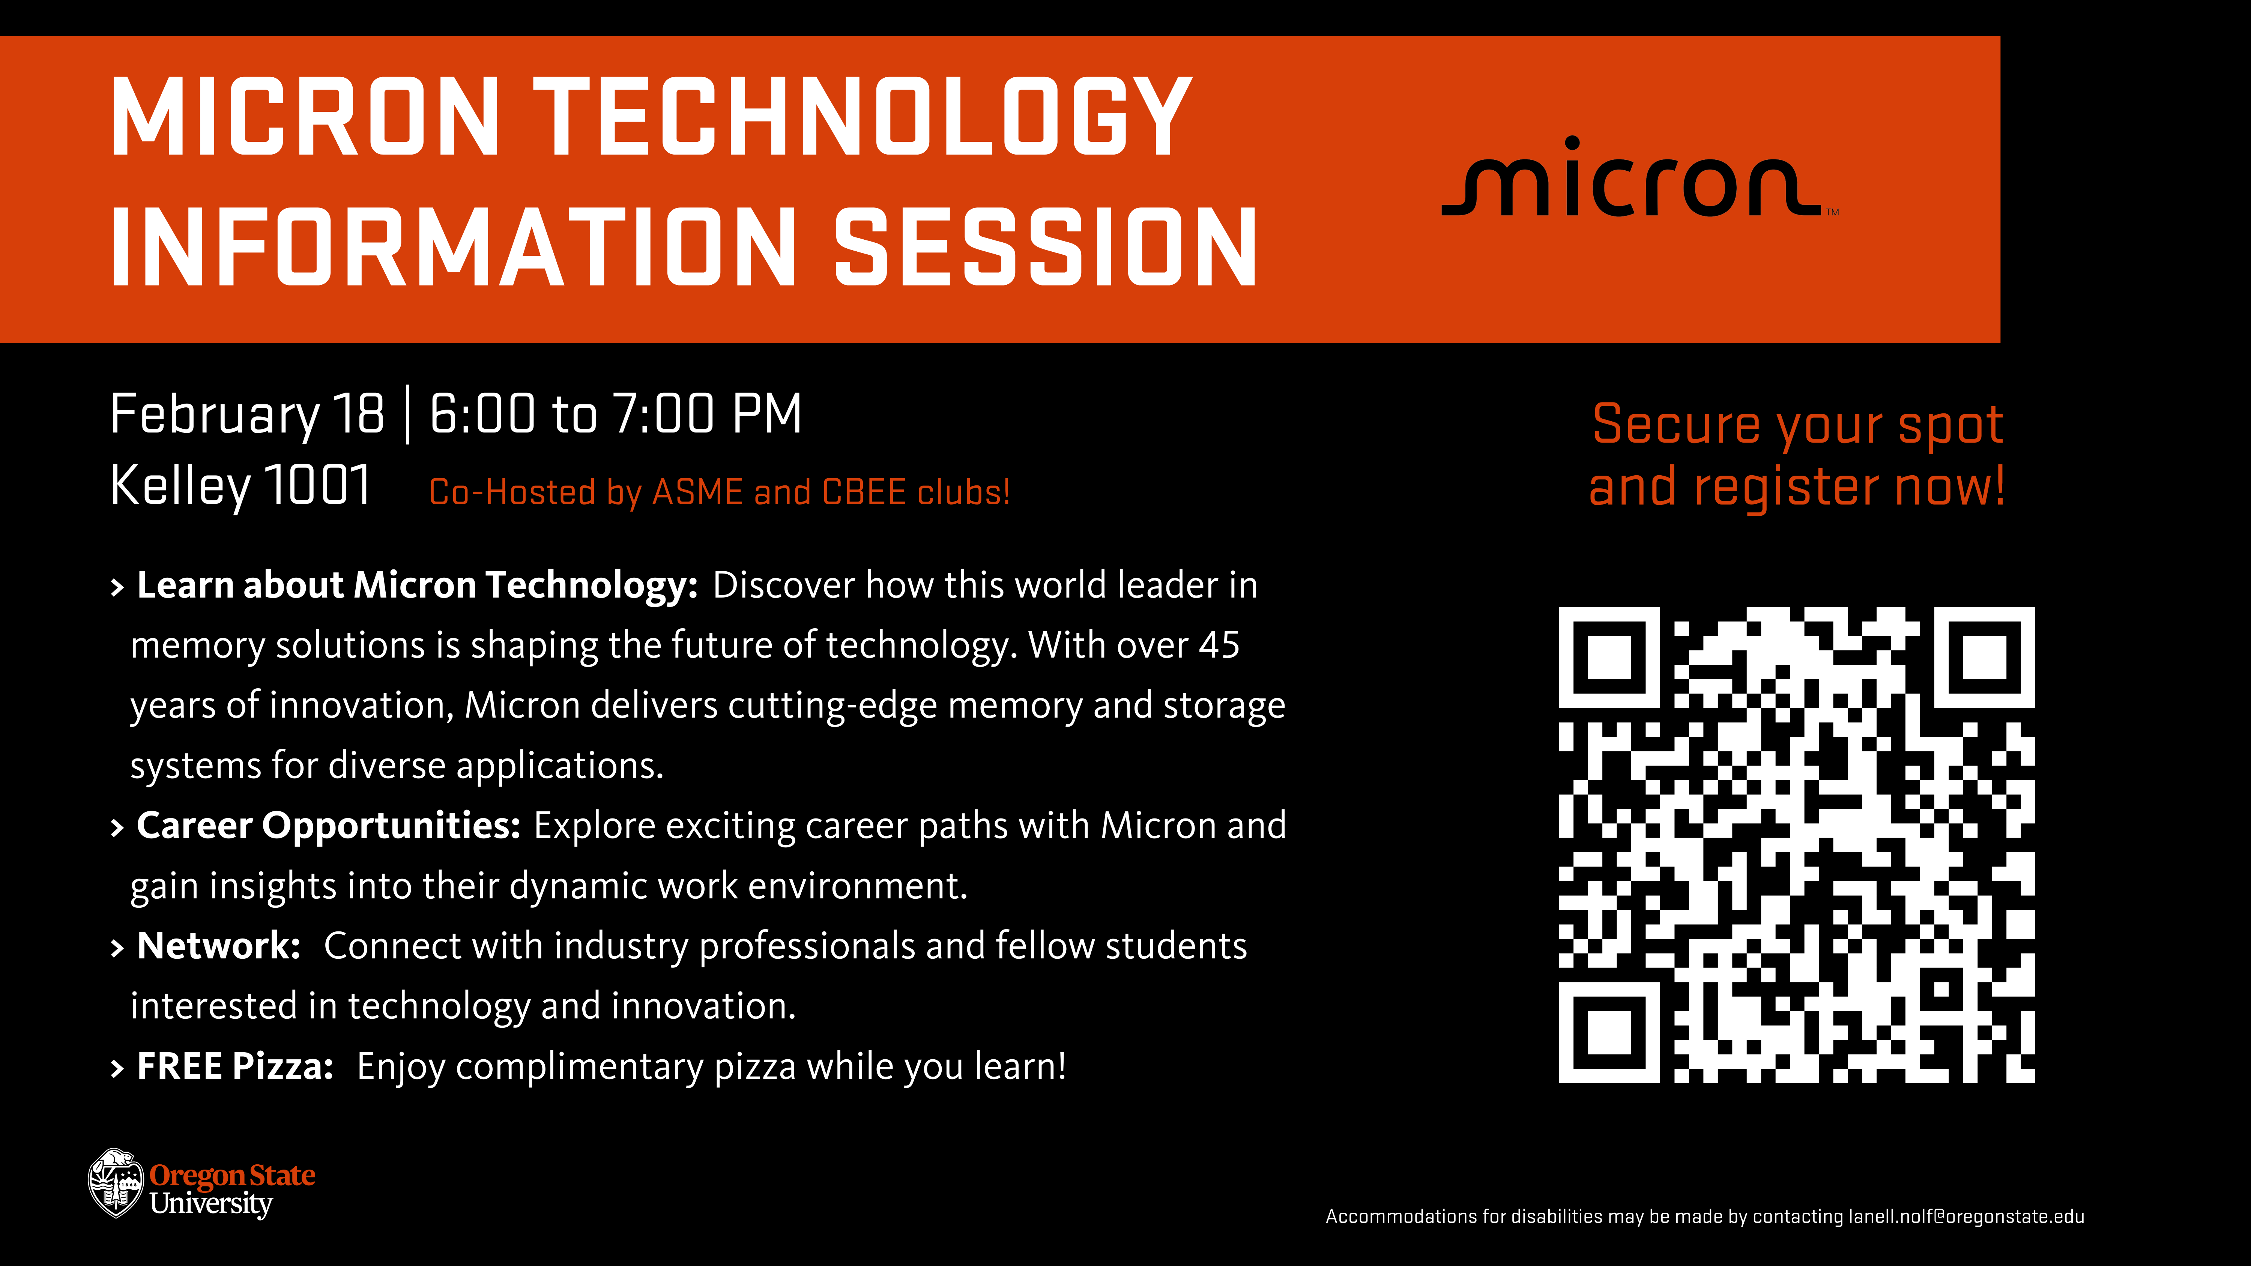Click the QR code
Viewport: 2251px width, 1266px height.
click(x=1797, y=845)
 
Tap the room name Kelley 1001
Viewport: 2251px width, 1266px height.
click(x=240, y=486)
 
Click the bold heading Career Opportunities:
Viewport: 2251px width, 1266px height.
click(x=329, y=826)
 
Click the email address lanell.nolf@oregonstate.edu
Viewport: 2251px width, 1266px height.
click(x=1966, y=1216)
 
